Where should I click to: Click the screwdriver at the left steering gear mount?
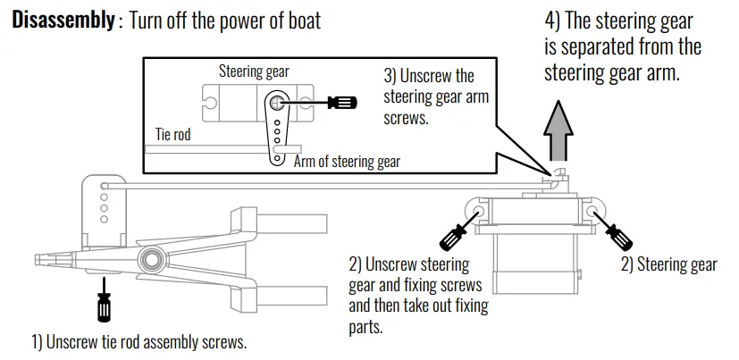[453, 234]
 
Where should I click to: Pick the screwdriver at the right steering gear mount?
[615, 232]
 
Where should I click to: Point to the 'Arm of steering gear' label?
[347, 162]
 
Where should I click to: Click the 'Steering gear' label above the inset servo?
[254, 71]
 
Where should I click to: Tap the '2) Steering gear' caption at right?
[668, 264]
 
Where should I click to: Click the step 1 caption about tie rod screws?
[139, 342]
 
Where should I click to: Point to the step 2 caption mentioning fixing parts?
[418, 295]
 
